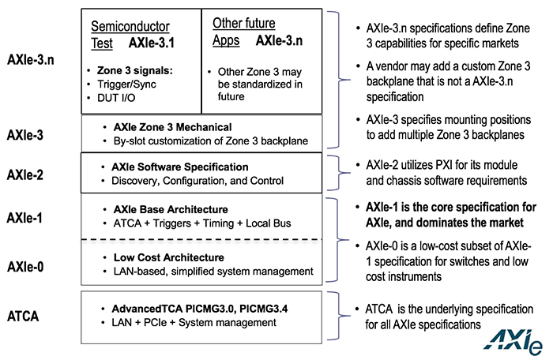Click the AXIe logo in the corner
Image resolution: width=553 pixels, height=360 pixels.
(513, 342)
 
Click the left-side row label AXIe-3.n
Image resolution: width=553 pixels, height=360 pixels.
(31, 60)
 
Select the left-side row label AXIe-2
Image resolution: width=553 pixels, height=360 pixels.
(25, 174)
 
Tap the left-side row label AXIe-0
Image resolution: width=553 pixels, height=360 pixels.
(25, 267)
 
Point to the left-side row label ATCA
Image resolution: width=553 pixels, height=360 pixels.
(23, 316)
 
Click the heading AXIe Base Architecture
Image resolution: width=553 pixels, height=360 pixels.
(171, 209)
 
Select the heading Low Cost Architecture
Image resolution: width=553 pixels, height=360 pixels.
(168, 257)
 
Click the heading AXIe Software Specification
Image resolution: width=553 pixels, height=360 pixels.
(180, 167)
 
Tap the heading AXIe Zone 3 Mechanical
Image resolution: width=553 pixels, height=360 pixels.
(172, 127)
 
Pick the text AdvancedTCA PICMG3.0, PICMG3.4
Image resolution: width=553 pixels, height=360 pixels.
(200, 309)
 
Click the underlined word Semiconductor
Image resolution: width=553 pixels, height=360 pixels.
(130, 26)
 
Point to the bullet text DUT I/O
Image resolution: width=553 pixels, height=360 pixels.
(116, 98)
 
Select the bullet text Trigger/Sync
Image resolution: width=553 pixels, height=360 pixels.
(126, 84)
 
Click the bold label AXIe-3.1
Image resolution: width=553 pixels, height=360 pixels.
(152, 43)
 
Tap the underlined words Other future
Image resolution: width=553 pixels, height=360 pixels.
(243, 23)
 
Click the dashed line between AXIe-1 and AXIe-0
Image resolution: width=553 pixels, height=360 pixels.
(201, 240)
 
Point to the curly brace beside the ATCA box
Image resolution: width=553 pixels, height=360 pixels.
(339, 316)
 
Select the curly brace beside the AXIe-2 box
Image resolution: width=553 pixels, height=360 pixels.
(339, 173)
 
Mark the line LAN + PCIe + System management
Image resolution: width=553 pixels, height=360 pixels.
(194, 323)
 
